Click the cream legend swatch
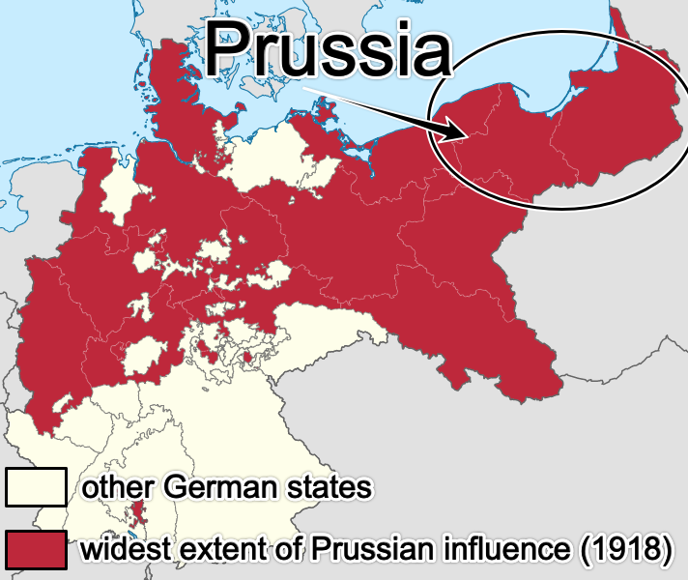click(x=35, y=487)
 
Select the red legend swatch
click(x=35, y=549)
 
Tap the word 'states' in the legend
click(x=329, y=487)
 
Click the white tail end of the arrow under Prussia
click(x=307, y=89)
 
